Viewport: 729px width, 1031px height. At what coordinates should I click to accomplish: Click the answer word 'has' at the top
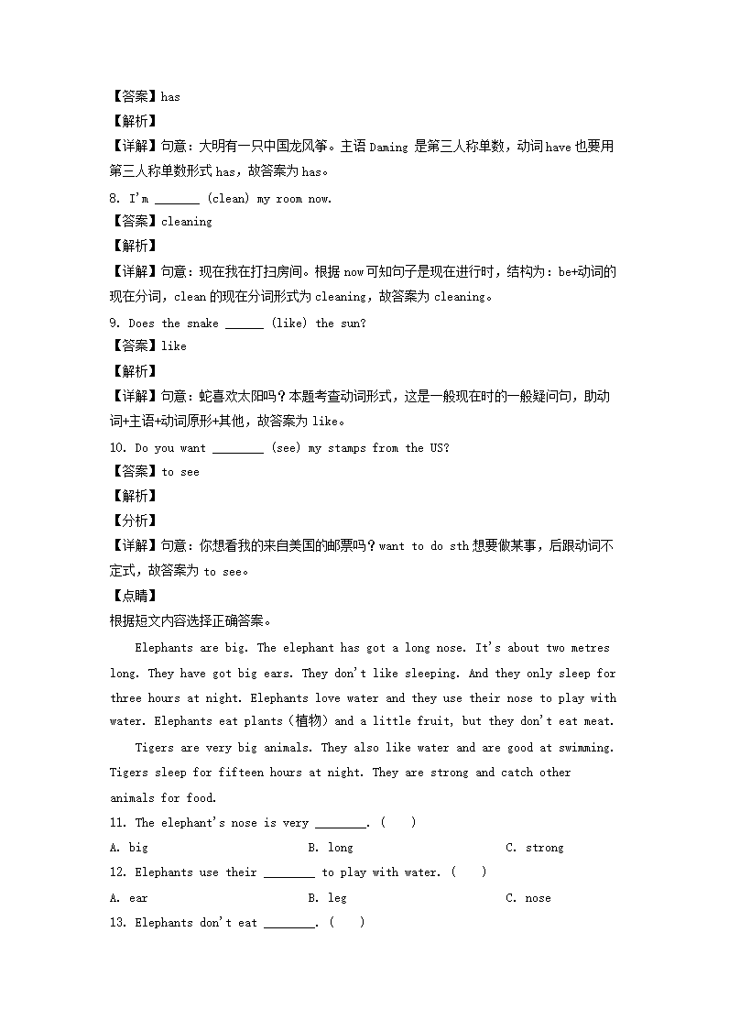pos(170,96)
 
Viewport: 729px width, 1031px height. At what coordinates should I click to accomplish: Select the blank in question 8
pos(177,199)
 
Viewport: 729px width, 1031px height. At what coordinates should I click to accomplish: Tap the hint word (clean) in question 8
pos(227,199)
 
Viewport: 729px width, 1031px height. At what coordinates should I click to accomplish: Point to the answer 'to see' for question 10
pos(180,472)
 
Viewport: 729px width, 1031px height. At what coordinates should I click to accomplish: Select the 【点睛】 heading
pos(133,596)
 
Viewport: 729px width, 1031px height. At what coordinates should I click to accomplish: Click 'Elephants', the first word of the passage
pos(164,648)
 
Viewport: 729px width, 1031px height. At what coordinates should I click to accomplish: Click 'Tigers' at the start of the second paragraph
pos(154,748)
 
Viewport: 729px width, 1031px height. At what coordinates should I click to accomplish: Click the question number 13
pos(116,923)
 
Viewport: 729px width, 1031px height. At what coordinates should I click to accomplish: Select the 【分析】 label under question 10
pos(133,521)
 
